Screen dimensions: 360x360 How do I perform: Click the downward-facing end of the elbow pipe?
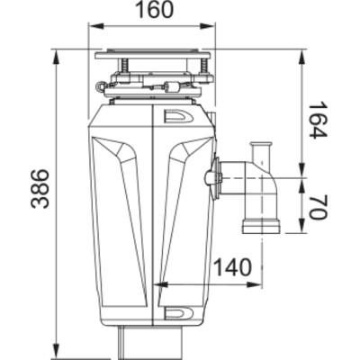(x=260, y=224)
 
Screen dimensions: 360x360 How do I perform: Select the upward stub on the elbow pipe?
(x=260, y=148)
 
